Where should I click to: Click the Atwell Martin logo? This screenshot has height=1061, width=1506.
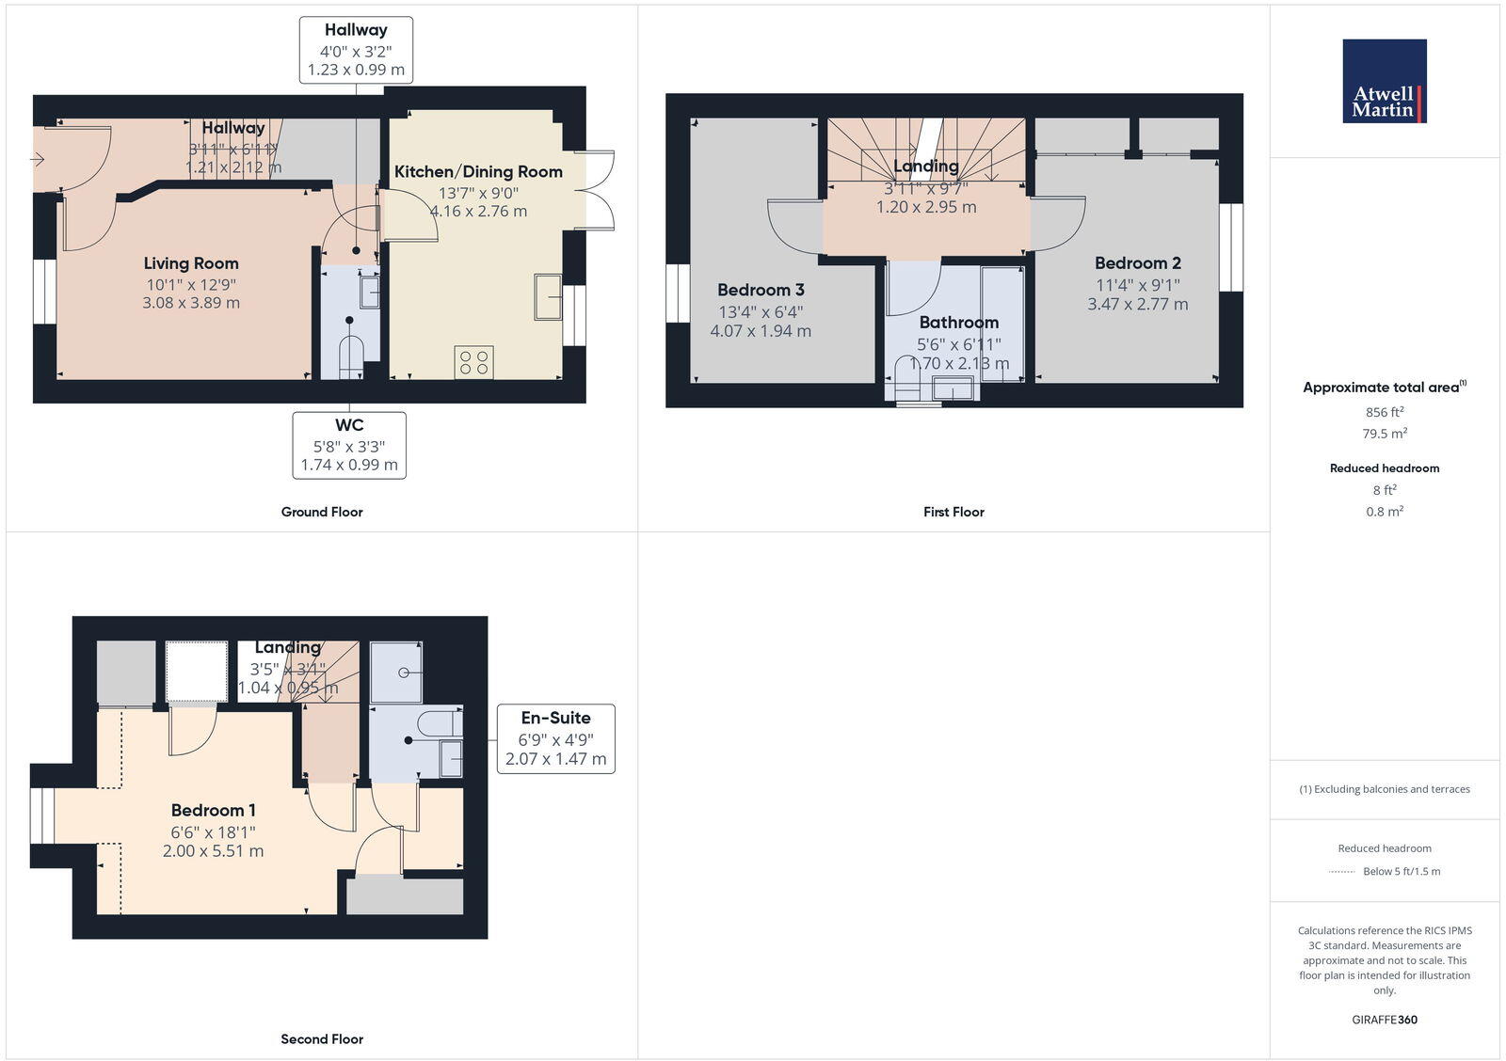click(x=1384, y=81)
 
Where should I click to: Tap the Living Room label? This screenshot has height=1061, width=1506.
click(x=191, y=263)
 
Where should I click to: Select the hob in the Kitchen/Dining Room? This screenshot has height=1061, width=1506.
click(x=473, y=362)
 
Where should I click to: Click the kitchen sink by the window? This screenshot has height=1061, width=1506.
click(x=547, y=297)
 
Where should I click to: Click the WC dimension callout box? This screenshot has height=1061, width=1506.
click(x=349, y=445)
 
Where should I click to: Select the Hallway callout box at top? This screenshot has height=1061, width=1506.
click(x=356, y=50)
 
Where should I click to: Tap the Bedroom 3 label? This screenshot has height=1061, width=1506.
click(x=761, y=290)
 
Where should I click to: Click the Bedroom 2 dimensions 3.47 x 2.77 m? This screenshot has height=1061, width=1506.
click(x=1137, y=304)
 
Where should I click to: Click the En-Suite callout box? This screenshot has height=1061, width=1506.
click(x=555, y=738)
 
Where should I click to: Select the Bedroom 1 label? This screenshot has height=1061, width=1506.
click(x=213, y=810)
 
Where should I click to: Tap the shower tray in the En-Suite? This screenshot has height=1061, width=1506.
click(x=396, y=672)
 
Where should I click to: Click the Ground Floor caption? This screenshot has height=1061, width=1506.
click(x=322, y=512)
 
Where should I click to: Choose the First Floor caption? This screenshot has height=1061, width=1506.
click(x=953, y=512)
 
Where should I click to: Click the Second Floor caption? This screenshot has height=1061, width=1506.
click(x=322, y=1038)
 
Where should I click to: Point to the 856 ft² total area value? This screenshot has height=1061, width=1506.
click(x=1384, y=412)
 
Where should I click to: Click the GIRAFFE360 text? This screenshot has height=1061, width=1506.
click(x=1384, y=1020)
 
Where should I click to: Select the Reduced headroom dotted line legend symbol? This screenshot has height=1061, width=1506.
click(x=1341, y=872)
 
